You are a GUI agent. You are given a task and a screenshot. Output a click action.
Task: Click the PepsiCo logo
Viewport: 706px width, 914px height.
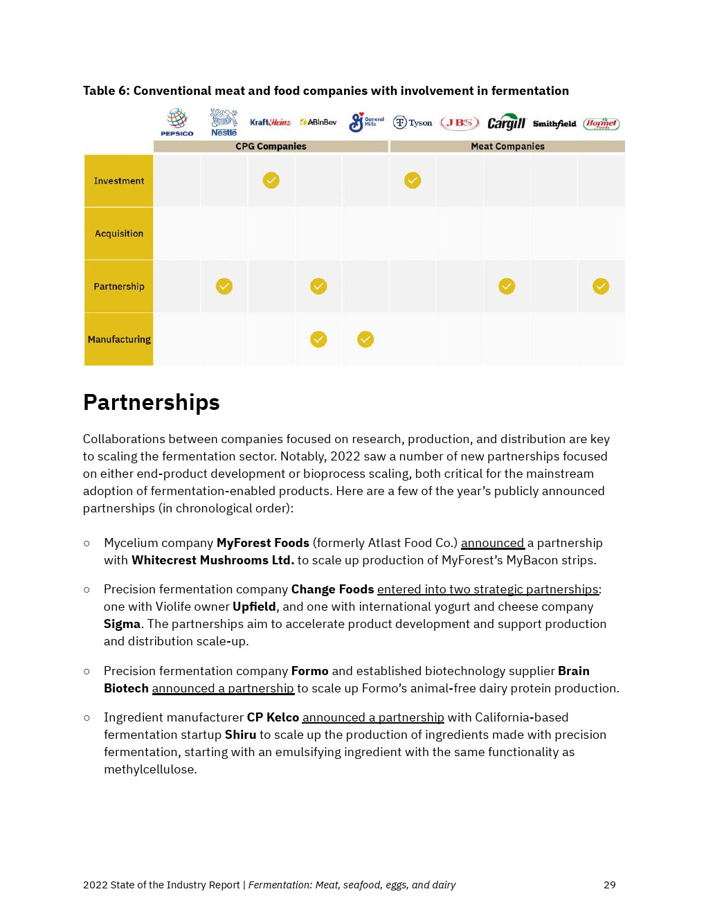point(177,122)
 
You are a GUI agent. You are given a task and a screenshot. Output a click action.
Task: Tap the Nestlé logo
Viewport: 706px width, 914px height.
point(224,122)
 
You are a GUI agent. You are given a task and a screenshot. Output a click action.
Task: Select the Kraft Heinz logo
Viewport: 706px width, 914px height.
point(270,123)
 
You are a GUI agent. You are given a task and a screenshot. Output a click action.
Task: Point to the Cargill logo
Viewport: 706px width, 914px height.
point(506,123)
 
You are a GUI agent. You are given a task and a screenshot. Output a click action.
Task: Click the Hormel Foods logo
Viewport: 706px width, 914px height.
point(601,123)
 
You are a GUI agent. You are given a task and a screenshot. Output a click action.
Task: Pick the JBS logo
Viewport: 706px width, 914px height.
point(460,123)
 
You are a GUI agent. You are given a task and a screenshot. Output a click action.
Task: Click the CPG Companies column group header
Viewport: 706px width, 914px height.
point(271,146)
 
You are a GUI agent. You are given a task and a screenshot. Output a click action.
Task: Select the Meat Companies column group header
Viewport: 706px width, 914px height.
point(507,146)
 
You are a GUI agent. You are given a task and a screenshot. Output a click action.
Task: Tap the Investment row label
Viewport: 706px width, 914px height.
point(119,181)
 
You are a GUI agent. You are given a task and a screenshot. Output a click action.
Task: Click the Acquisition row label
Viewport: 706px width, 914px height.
point(119,233)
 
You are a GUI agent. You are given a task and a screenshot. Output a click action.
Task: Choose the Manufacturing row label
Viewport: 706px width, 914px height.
point(119,339)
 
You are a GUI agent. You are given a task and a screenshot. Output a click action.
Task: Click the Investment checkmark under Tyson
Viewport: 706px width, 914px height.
point(413,181)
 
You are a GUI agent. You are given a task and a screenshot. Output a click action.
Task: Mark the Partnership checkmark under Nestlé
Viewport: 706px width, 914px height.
point(224,286)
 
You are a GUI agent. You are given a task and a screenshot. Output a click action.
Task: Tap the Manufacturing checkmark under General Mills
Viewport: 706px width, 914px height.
point(365,339)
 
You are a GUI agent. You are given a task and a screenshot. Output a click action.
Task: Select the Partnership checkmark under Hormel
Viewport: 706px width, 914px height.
point(601,286)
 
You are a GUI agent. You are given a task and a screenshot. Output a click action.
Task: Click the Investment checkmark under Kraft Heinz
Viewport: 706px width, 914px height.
point(271,181)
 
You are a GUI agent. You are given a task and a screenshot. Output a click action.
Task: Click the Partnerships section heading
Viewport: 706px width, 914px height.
point(152,402)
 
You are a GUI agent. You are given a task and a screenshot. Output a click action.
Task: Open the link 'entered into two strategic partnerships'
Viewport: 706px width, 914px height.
point(487,589)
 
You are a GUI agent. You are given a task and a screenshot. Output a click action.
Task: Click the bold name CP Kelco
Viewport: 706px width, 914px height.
point(273,717)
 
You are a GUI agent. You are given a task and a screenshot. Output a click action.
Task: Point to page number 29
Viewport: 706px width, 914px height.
point(609,885)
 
